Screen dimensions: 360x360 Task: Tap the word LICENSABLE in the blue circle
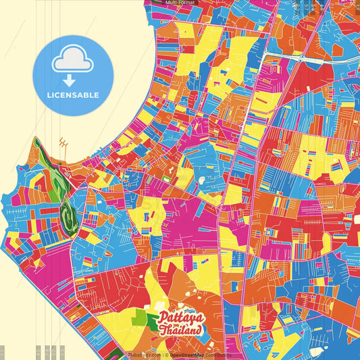pos(73,95)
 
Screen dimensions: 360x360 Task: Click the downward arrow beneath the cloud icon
pos(73,79)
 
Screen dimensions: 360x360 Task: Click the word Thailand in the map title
pos(181,330)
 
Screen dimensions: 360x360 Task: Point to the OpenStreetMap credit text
pos(200,355)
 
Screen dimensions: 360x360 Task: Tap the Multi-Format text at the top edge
pos(180,3)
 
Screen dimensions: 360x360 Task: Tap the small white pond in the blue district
pos(202,182)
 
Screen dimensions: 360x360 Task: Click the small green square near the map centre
pos(164,179)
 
